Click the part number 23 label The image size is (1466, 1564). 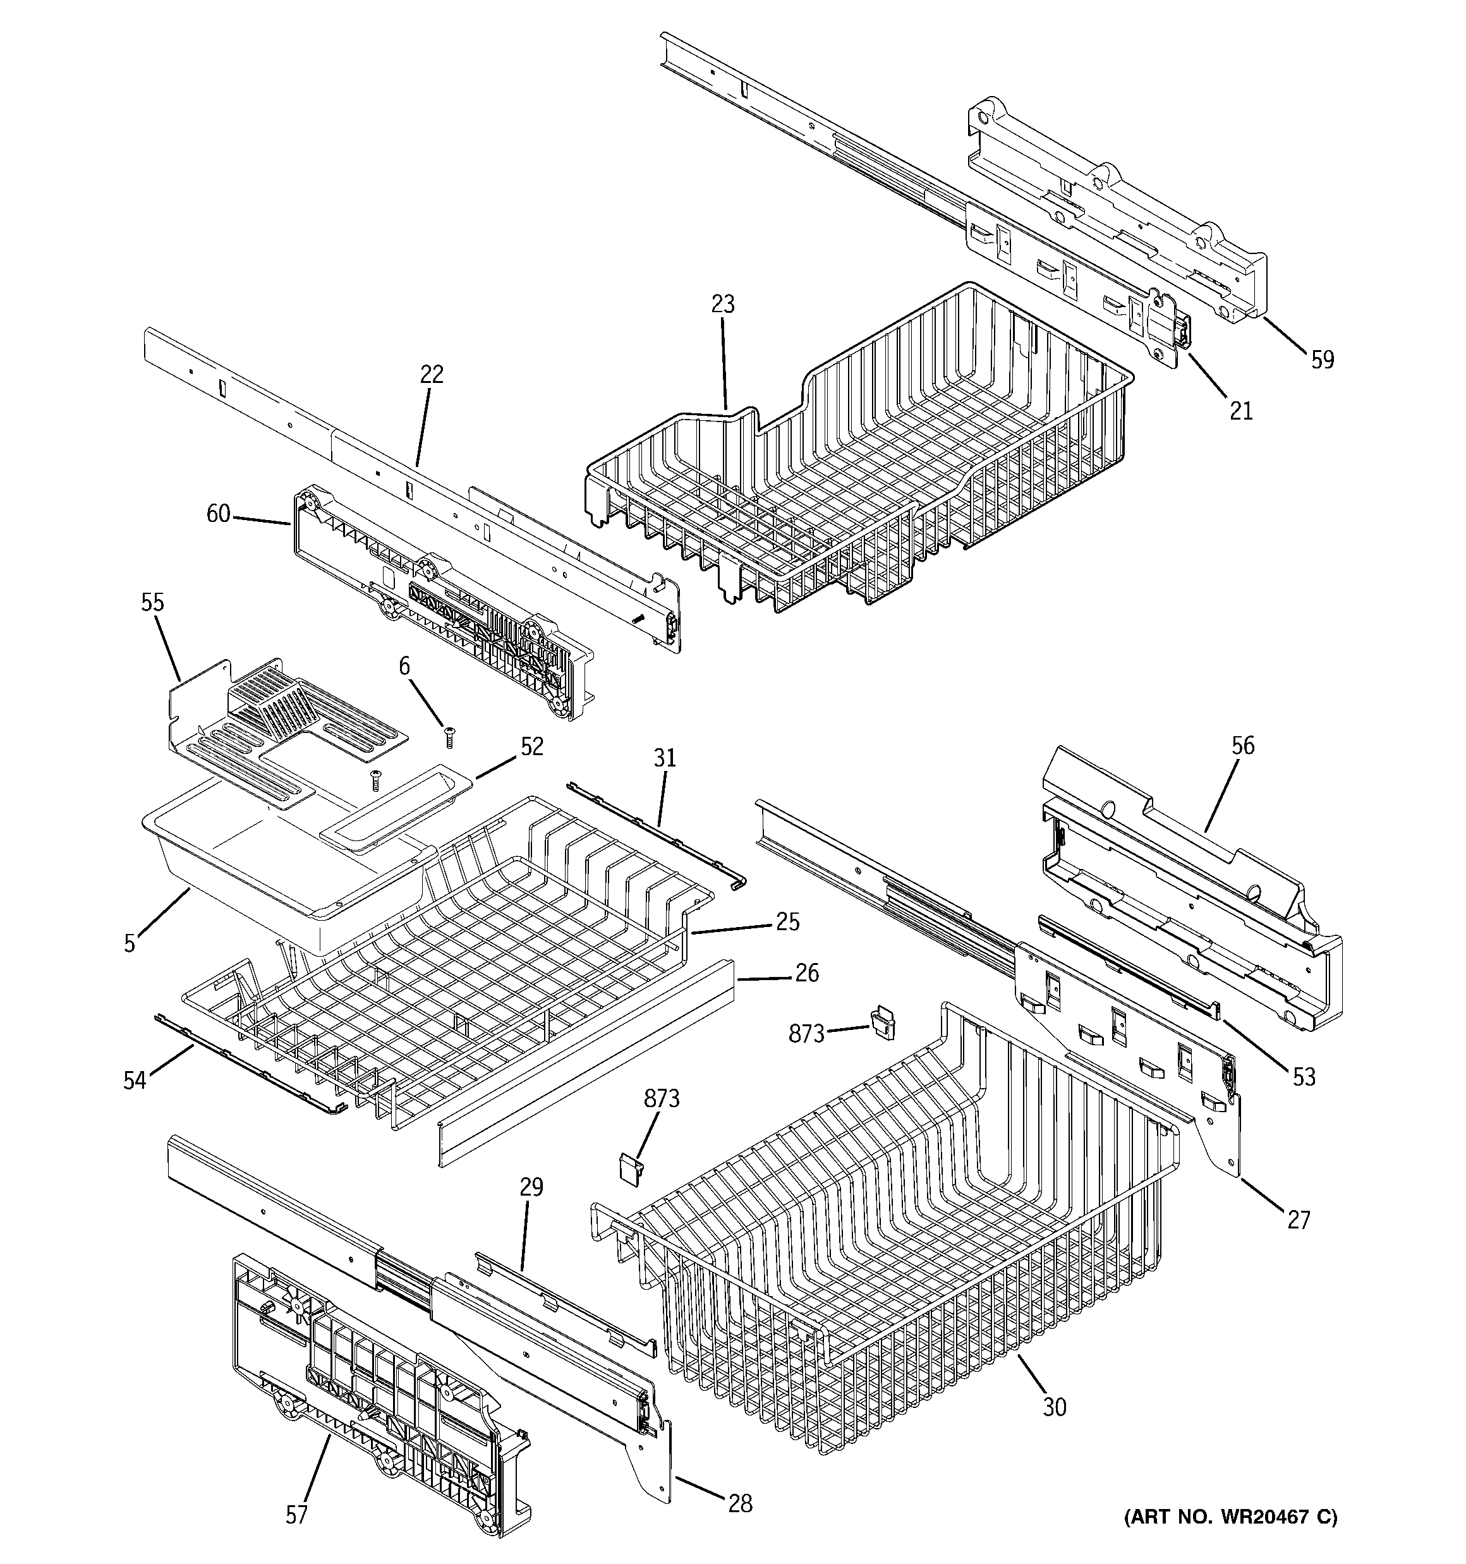tap(722, 304)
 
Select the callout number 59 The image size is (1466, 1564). tap(1322, 360)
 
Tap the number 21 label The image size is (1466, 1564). tap(1241, 410)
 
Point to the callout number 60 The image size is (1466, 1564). tap(218, 514)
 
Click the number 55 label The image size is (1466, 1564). tap(153, 603)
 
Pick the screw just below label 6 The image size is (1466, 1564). tap(450, 738)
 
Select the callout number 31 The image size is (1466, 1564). tap(664, 758)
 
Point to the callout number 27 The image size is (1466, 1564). tap(1299, 1220)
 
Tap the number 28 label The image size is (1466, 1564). tap(740, 1503)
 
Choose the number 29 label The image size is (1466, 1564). tap(531, 1187)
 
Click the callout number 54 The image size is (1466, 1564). tap(135, 1081)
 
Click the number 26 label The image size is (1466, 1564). tap(806, 973)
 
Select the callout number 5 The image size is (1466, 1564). tap(130, 943)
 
